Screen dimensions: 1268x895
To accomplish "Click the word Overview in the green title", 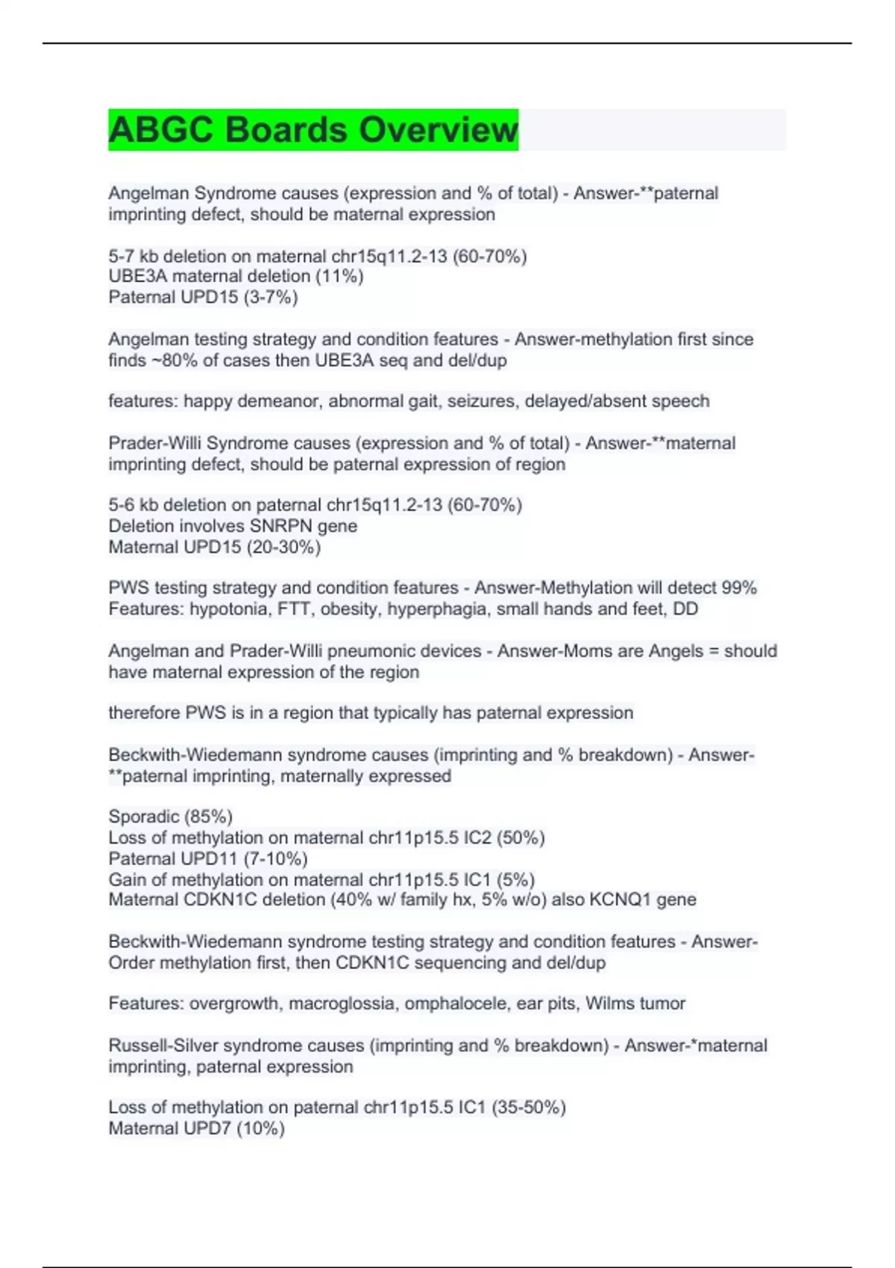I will (x=438, y=130).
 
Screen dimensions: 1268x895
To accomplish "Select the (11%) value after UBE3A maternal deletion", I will (x=339, y=277).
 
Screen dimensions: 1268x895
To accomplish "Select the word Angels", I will (x=676, y=651).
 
